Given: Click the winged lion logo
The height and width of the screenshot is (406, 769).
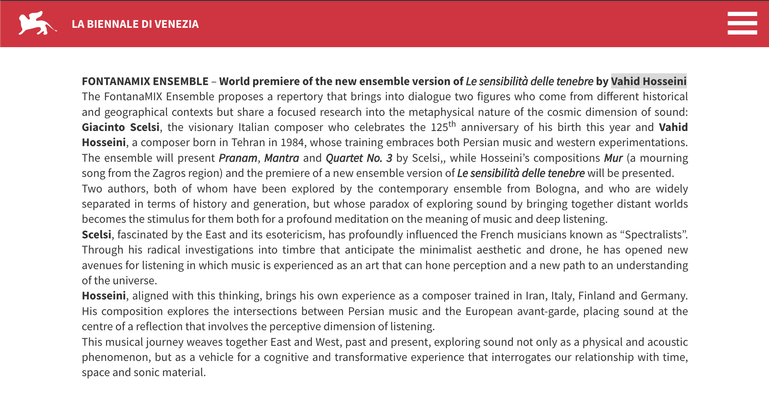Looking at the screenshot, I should [37, 24].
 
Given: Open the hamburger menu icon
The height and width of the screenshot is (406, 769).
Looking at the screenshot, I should [742, 23].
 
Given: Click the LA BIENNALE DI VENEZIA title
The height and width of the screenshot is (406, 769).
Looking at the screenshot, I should [135, 24].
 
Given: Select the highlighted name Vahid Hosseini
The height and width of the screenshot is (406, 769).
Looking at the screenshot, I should [649, 81].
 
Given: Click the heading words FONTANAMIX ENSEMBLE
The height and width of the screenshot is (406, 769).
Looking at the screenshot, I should [145, 81].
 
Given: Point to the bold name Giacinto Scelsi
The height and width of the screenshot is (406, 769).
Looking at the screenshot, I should [120, 127].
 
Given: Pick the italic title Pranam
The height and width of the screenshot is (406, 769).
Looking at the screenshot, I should [238, 158].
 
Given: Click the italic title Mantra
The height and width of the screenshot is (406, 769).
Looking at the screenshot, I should [281, 158].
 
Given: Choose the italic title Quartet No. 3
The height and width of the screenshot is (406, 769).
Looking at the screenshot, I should [359, 158].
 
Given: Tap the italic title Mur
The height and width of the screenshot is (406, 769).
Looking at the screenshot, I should [613, 158].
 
